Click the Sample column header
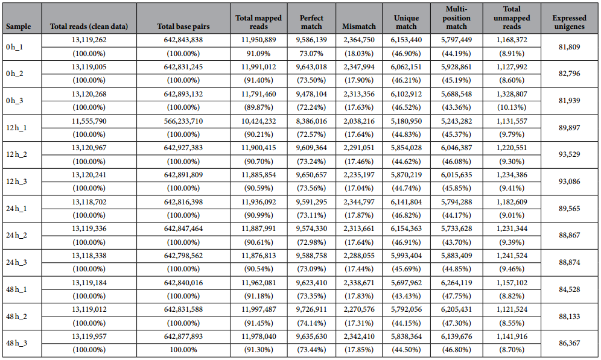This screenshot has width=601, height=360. [18, 27]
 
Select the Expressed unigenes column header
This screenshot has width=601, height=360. [569, 22]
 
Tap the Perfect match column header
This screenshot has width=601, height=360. [311, 22]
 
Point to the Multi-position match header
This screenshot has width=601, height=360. [457, 17]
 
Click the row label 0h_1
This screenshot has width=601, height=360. [14, 47]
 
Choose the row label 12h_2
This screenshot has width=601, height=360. [16, 154]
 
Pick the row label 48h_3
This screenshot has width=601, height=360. [16, 343]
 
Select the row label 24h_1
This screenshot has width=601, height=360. [16, 209]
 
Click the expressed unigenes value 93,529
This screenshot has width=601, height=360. [569, 154]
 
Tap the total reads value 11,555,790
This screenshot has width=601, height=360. [89, 121]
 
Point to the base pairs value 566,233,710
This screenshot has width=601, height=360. [183, 121]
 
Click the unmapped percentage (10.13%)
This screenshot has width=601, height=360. [512, 107]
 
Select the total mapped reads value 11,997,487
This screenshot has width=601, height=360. [259, 309]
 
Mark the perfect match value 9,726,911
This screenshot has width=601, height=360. [311, 309]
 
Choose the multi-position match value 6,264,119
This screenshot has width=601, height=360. [457, 283]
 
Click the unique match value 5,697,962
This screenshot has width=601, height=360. [406, 283]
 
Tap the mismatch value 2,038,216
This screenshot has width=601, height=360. [359, 121]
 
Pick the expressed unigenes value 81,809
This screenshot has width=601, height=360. [569, 47]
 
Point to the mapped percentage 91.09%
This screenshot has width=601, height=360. [259, 54]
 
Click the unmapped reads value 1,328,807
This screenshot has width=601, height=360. [512, 94]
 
